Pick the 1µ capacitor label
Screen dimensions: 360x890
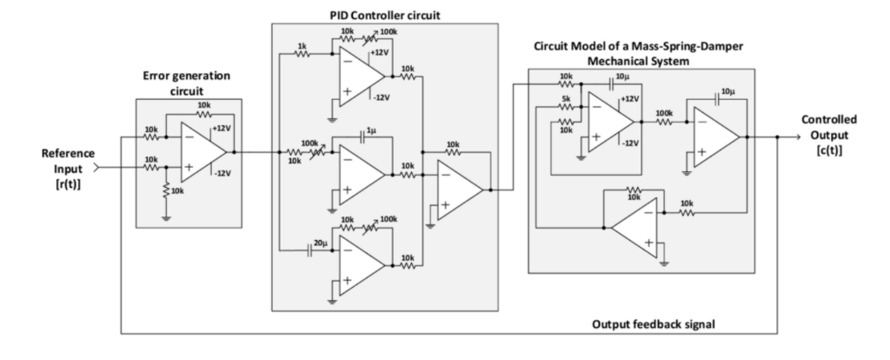pos(371,130)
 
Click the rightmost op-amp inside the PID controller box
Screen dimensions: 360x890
pos(458,189)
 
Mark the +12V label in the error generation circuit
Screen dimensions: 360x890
pos(222,127)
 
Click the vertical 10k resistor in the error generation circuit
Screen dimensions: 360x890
pos(165,190)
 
